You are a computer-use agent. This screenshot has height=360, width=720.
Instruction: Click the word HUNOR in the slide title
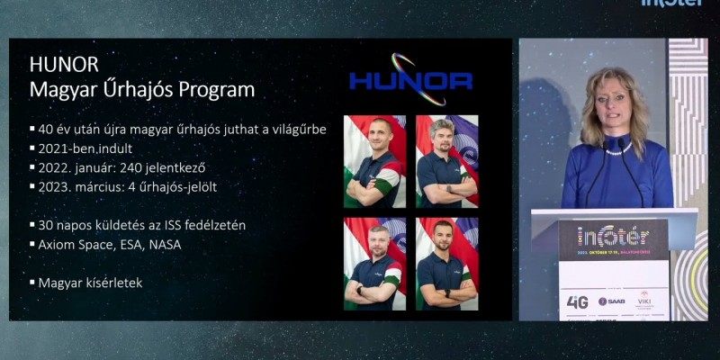point(64,65)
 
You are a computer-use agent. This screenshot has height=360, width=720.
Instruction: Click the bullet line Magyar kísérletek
point(90,283)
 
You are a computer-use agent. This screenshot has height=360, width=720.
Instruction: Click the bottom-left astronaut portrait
point(374,264)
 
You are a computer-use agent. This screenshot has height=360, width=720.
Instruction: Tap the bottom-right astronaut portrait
point(446,264)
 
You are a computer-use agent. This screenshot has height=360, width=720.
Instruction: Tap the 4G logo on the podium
point(577,302)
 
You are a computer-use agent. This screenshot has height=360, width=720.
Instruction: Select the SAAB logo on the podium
point(612,301)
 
